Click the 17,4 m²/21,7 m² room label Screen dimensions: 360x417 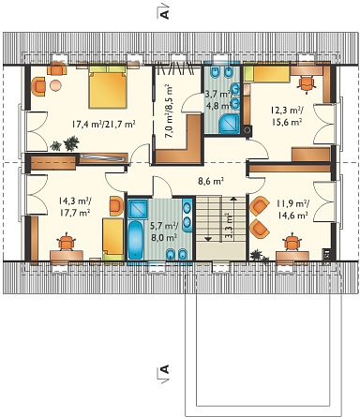(103, 125)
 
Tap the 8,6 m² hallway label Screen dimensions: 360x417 (211, 181)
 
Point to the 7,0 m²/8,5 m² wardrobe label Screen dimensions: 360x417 (169, 111)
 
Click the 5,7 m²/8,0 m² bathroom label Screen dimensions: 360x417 (164, 231)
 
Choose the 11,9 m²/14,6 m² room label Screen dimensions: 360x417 (292, 210)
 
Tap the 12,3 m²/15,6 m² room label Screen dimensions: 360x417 (286, 116)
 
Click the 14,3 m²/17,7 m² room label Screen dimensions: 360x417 (75, 207)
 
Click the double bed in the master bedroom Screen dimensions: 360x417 (108, 86)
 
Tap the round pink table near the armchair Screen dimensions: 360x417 (55, 85)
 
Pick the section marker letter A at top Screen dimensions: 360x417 (164, 14)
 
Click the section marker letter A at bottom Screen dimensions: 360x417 (164, 369)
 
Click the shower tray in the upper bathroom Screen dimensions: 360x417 (229, 124)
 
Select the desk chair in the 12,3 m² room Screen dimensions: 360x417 (306, 83)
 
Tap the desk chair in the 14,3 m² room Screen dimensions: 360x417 (67, 242)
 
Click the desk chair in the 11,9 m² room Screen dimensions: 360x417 (292, 242)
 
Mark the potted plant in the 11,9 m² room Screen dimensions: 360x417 (259, 256)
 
